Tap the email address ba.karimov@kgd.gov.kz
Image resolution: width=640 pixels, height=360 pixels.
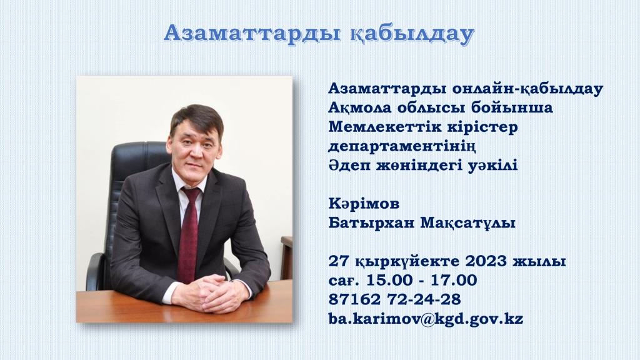click(426, 318)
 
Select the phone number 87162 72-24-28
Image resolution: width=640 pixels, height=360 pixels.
click(395, 299)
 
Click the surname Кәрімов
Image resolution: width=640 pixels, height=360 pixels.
click(364, 203)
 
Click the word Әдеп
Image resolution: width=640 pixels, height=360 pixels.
click(347, 165)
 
